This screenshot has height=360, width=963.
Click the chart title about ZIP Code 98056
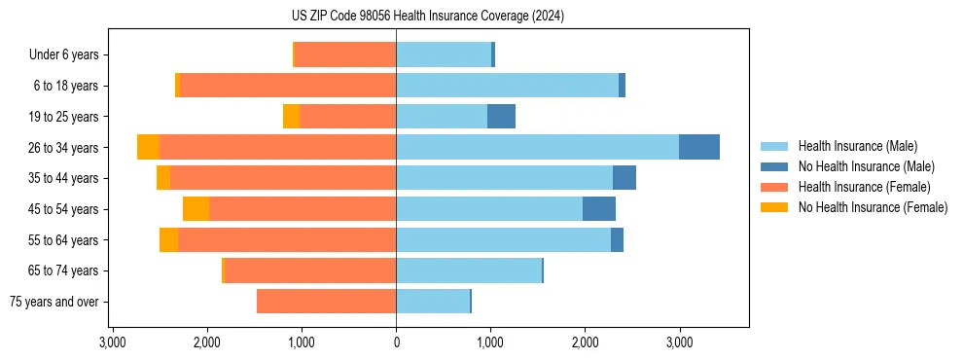(428, 17)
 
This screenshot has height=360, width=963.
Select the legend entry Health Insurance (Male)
(857, 146)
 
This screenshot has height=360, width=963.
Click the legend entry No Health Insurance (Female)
(873, 207)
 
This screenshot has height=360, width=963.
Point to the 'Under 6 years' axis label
(63, 54)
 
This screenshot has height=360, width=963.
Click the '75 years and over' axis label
(53, 302)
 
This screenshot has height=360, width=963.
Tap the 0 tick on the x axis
(396, 343)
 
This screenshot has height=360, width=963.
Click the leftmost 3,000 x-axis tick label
(113, 343)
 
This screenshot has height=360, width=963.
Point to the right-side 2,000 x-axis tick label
(585, 343)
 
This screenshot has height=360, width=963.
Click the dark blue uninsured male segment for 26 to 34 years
(698, 147)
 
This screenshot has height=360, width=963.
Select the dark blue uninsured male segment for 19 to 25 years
(501, 117)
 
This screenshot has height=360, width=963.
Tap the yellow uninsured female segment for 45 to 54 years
(196, 209)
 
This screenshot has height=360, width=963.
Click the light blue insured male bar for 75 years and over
(433, 302)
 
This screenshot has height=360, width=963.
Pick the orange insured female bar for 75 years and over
(326, 302)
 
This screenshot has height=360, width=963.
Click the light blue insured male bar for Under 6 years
(443, 54)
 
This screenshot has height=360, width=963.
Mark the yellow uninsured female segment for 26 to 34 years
(148, 147)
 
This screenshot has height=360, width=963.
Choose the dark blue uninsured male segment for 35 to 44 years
(624, 178)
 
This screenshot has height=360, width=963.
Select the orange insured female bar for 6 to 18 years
(288, 86)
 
